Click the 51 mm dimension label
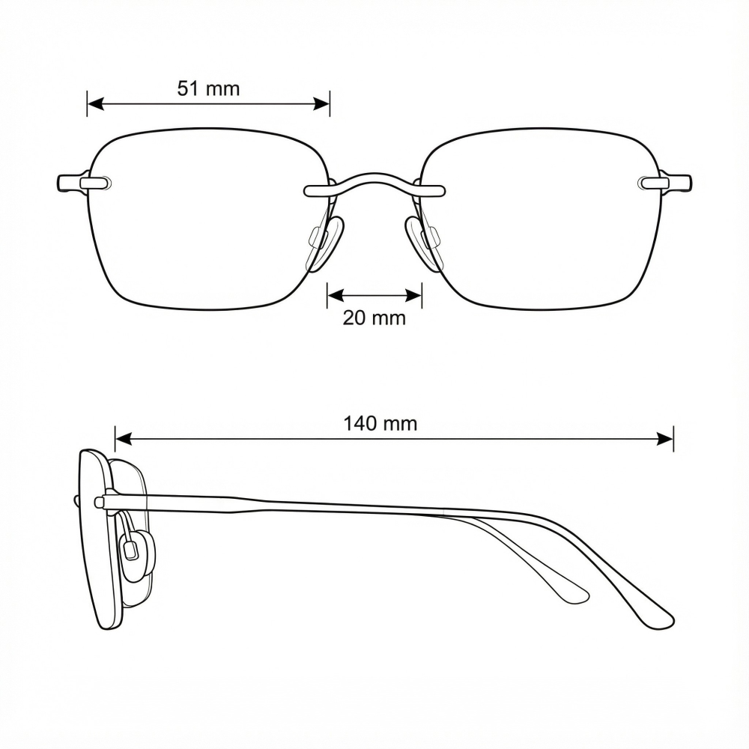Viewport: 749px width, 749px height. tap(208, 89)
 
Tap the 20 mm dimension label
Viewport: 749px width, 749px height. tap(374, 318)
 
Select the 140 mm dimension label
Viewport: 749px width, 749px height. tap(380, 424)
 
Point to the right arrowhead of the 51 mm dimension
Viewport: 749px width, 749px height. tap(321, 103)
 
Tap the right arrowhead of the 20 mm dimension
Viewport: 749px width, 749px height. tap(413, 296)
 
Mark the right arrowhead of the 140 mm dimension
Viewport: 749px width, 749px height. tap(665, 438)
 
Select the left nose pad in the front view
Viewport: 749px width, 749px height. tap(326, 243)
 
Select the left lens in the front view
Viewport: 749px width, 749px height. tap(209, 219)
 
